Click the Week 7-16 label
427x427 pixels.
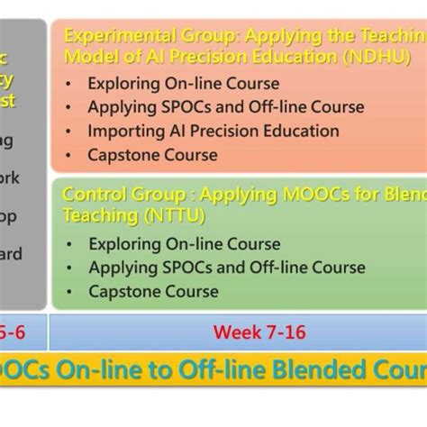(x=259, y=332)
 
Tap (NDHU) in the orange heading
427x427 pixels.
(x=379, y=56)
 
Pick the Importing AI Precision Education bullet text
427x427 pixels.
(x=213, y=131)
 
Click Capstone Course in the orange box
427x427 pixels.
(x=152, y=155)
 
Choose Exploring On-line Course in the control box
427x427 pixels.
(x=184, y=244)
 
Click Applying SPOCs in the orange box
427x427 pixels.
(x=144, y=107)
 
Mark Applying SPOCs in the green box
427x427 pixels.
(x=144, y=268)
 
